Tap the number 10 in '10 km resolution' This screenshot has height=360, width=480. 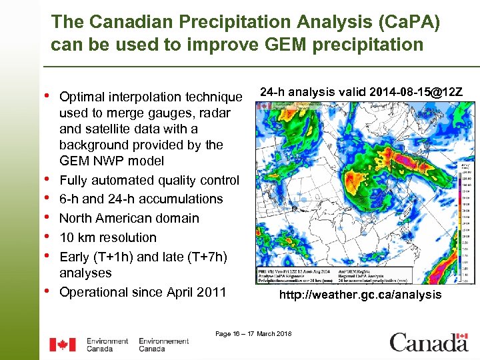tap(67, 237)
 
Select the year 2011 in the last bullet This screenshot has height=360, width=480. tap(212, 292)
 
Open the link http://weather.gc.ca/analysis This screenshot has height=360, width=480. tap(360, 294)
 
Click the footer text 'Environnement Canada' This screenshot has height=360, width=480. tap(163, 345)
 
